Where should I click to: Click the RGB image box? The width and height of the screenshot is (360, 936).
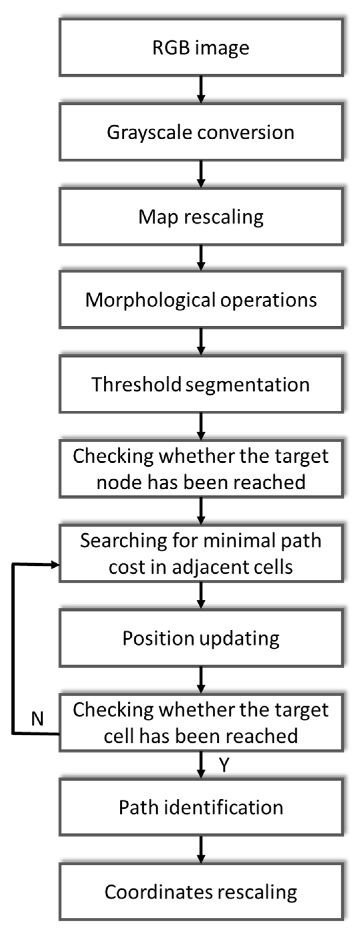point(201,48)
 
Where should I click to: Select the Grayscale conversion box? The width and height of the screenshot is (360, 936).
point(201,132)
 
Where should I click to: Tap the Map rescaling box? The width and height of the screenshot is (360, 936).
point(201,217)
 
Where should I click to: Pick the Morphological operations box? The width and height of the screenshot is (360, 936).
point(201,300)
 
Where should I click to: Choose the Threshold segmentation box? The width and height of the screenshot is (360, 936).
point(201,385)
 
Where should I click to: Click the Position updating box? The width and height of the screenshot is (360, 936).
point(201,638)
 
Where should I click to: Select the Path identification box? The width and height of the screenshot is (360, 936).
point(201,807)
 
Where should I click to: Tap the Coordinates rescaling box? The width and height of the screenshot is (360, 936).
point(201,892)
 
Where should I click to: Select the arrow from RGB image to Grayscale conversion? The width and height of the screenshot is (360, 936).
point(201,90)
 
